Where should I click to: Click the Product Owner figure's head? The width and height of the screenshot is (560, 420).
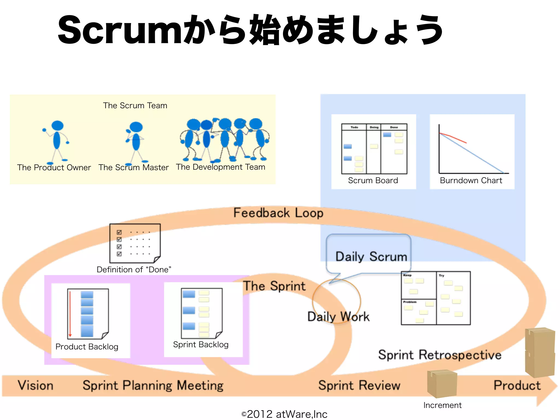57,126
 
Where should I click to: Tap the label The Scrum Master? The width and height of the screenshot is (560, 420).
133,167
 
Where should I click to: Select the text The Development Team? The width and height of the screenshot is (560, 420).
220,167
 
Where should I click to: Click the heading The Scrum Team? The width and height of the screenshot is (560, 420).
135,106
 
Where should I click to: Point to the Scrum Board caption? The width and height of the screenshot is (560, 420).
373,180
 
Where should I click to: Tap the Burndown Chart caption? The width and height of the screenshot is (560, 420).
471,180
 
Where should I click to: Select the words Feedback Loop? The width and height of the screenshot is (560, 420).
278,213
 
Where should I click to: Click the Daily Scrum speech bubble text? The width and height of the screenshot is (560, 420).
371,257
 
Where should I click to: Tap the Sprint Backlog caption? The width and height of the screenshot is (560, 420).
201,345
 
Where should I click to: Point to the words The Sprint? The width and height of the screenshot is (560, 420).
274,286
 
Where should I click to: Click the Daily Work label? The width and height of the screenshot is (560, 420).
339,317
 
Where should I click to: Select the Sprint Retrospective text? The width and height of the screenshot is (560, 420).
440,355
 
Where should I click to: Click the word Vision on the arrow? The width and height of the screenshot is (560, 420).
36,386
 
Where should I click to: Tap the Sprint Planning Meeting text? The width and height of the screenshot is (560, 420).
153,386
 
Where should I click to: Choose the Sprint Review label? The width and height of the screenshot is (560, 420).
359,386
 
